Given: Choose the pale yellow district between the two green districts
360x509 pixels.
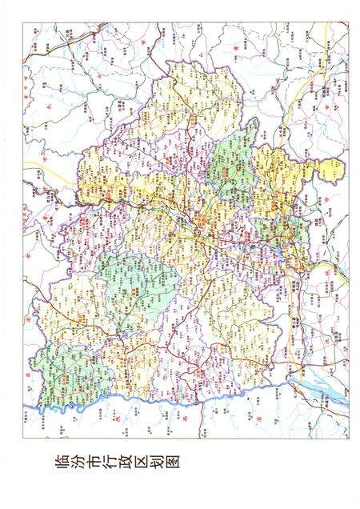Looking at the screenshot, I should coord(88,328).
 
